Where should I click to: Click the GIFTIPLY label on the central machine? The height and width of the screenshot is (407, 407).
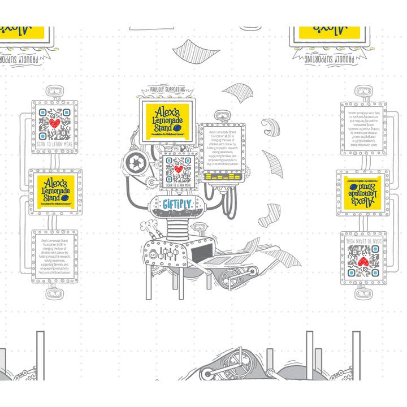click(177, 203)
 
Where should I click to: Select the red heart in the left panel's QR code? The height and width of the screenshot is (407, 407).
click(55, 123)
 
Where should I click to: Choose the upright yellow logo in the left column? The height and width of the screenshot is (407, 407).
click(55, 190)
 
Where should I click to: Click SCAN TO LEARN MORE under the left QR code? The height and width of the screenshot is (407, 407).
click(55, 144)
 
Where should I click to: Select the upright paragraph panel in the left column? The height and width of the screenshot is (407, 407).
click(55, 254)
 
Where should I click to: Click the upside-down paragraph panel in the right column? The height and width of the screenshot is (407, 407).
click(363, 127)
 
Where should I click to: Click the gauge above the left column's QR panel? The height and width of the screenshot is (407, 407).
click(55, 92)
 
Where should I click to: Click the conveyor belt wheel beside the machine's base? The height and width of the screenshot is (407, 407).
click(231, 278)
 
